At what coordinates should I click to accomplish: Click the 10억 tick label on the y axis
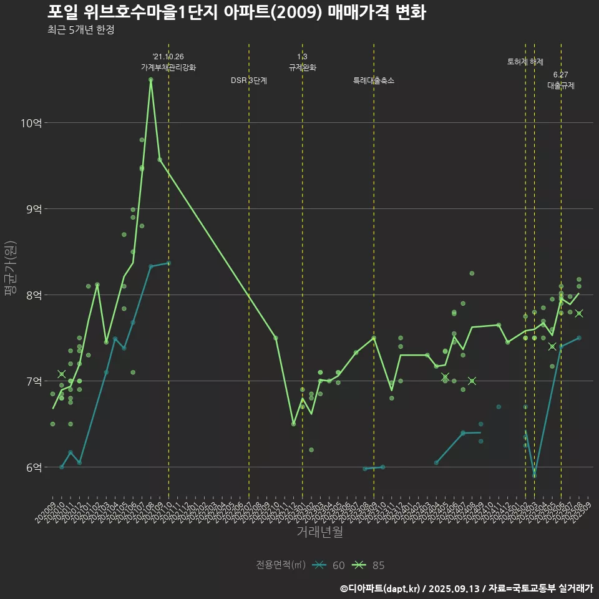click(x=31, y=123)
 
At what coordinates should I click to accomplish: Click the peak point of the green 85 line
click(x=151, y=80)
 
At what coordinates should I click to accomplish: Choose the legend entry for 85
click(x=369, y=565)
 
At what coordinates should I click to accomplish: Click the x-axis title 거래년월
click(x=319, y=532)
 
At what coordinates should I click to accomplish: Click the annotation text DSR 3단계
click(x=249, y=80)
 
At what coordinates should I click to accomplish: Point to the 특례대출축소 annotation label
click(x=374, y=80)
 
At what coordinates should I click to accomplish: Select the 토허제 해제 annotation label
click(x=525, y=62)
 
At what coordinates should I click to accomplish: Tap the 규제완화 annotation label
click(x=303, y=67)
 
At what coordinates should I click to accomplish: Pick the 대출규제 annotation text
click(x=561, y=86)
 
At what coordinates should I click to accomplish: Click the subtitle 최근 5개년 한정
click(x=81, y=30)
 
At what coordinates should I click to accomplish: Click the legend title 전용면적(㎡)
click(x=281, y=565)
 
